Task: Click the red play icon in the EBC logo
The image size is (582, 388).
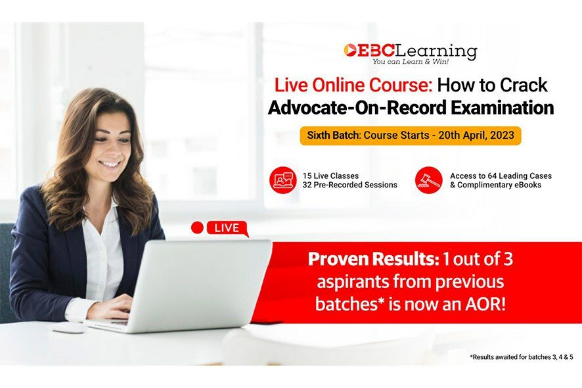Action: [x=349, y=51]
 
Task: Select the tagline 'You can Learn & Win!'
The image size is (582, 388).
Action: [x=411, y=61]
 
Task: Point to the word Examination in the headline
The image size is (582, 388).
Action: [x=503, y=108]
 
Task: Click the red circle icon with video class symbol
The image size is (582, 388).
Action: [x=283, y=180]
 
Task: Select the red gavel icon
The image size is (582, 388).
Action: [x=429, y=180]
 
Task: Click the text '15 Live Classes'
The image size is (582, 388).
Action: [x=330, y=176]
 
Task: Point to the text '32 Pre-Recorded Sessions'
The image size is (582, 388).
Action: [x=349, y=185]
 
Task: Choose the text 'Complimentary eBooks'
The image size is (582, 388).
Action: [x=499, y=185]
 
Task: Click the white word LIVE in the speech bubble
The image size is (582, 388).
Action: [x=227, y=228]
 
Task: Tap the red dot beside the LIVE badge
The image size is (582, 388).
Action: [x=198, y=228]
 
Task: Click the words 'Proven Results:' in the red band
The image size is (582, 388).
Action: [x=373, y=259]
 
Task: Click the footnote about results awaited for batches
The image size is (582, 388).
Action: [x=522, y=357]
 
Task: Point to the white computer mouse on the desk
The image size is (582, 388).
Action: [x=68, y=327]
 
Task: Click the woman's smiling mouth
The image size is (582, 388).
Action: [x=110, y=163]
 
